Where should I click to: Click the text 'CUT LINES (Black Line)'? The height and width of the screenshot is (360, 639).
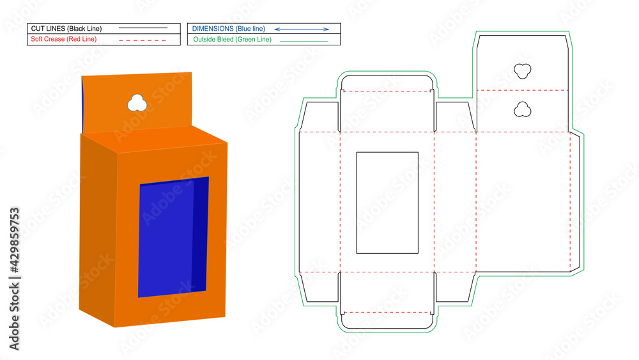[x=66, y=29]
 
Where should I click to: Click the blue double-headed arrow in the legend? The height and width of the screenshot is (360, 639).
[x=302, y=29]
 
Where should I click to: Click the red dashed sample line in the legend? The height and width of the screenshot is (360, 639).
[x=141, y=40]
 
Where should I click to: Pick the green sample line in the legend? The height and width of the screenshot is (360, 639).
[x=304, y=40]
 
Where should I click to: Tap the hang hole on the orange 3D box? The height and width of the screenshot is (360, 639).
[x=136, y=102]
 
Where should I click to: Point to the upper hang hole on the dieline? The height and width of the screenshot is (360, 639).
[x=523, y=70]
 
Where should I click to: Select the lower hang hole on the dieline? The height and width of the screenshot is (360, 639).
[x=523, y=110]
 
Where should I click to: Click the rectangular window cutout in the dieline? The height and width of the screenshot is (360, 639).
[x=387, y=202]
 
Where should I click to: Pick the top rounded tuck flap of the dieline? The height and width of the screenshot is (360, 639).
[x=387, y=83]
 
